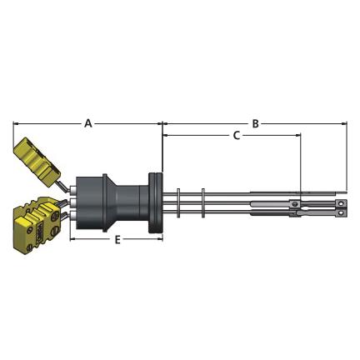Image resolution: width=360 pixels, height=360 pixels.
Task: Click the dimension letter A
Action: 88,123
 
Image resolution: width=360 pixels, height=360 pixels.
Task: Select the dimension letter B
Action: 255,123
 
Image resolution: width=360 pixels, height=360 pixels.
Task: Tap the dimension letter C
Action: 236,136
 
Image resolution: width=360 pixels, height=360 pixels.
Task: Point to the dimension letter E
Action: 117,239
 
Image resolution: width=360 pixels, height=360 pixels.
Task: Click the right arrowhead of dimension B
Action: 345,123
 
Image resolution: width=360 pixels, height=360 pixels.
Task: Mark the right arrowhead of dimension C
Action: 298,135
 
